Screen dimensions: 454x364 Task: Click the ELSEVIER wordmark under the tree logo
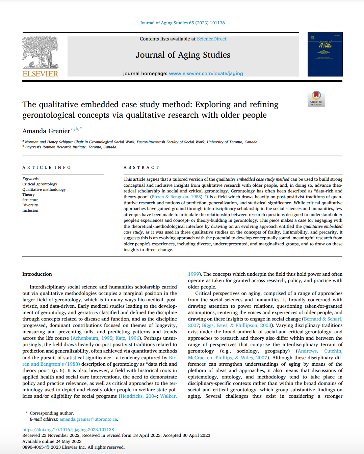tap(40, 74)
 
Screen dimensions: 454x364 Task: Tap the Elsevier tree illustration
tap(40, 52)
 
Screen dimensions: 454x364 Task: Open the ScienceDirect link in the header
tap(211, 39)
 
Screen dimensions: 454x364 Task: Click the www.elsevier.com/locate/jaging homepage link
tap(206, 73)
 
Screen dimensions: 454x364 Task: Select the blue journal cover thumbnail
tap(325, 54)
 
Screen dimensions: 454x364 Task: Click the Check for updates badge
tap(316, 98)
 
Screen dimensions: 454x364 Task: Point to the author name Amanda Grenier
tap(46, 131)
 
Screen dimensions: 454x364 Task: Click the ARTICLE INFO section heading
tap(47, 168)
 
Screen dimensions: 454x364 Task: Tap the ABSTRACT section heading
tap(141, 168)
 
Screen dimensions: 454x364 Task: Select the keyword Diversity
tap(30, 205)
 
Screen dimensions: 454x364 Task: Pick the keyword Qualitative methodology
tap(44, 189)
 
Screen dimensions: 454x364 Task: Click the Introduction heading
tap(37, 274)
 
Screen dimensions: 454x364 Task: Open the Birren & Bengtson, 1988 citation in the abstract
tap(177, 197)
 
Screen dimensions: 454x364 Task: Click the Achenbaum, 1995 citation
tap(93, 338)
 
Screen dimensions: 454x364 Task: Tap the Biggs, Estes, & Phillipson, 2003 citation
tap(237, 325)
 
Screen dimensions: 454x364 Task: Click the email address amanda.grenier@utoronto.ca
tap(88, 419)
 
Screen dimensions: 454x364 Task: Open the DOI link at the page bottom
tap(68, 430)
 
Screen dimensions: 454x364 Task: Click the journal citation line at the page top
tap(182, 23)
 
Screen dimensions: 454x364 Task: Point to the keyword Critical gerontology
tap(40, 184)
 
